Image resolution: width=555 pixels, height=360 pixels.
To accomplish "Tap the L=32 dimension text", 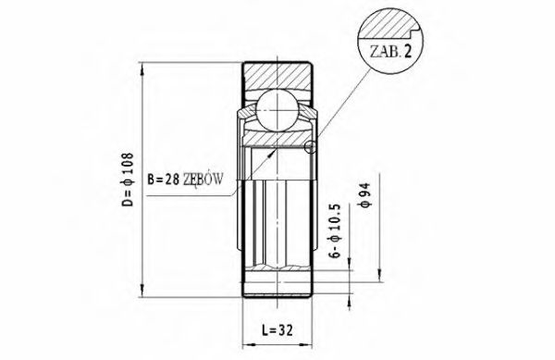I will (x=277, y=329).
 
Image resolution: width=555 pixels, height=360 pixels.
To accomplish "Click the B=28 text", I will (x=165, y=177).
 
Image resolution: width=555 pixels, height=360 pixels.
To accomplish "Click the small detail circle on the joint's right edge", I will (x=311, y=146).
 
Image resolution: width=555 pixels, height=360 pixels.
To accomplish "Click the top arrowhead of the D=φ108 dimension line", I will (x=142, y=68).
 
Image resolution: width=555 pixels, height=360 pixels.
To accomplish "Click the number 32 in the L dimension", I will (x=286, y=329).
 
